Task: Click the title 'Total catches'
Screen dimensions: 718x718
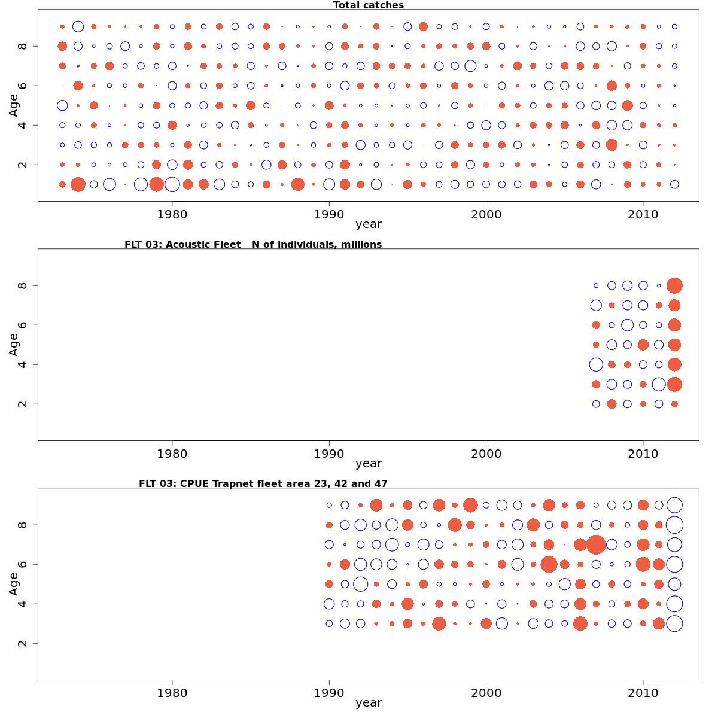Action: click(368, 5)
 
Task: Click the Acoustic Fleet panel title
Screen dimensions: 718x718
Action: click(252, 244)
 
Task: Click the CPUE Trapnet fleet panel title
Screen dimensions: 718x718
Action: click(263, 483)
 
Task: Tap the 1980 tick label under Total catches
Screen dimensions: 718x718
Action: click(172, 214)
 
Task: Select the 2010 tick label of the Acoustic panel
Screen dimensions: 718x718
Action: click(643, 454)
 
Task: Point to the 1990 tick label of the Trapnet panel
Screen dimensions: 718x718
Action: click(329, 693)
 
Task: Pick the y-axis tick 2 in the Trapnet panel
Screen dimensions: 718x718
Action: click(23, 643)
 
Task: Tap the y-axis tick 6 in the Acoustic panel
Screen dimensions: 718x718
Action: click(23, 325)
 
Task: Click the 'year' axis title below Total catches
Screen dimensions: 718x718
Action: click(368, 224)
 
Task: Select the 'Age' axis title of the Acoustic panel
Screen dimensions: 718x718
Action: click(13, 344)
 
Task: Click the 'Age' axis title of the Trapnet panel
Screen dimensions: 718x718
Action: click(13, 583)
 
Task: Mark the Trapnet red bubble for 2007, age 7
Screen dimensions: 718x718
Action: click(596, 544)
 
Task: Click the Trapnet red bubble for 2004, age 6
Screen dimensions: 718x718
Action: click(549, 564)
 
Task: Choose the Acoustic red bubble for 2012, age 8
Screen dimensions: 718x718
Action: click(674, 285)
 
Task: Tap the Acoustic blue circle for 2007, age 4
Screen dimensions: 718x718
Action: click(596, 364)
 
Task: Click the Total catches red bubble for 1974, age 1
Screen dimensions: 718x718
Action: click(78, 184)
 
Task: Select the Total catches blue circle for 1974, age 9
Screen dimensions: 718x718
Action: click(78, 26)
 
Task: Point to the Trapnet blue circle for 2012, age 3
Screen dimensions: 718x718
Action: click(674, 623)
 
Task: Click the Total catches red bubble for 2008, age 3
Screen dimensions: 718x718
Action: click(611, 145)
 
